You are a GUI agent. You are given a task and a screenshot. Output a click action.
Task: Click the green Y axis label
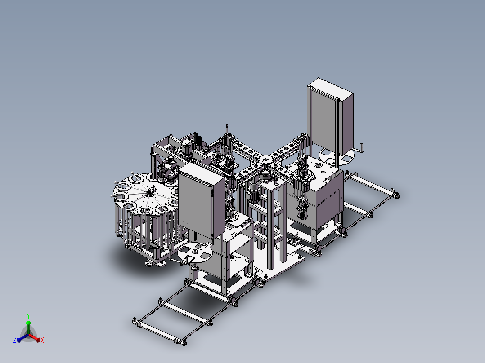click(x=28, y=316)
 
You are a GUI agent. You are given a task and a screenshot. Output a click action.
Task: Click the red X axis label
click(x=42, y=340)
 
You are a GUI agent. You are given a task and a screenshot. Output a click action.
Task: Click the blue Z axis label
click(x=15, y=340)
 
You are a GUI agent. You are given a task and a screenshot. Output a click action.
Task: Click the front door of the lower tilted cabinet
click(x=195, y=201)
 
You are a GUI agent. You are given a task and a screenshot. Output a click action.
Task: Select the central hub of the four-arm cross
click(x=266, y=160)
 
